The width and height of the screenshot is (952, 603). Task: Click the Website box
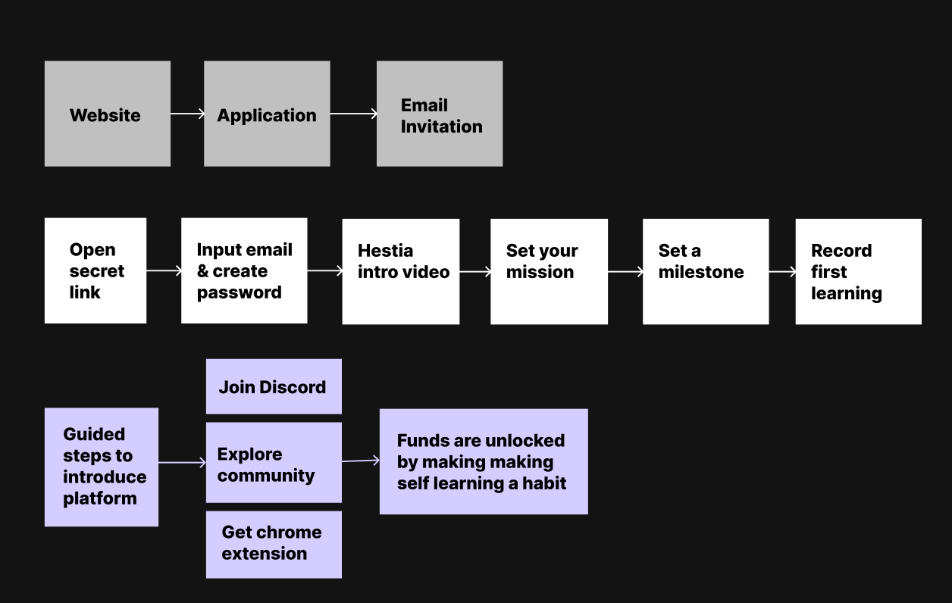(108, 114)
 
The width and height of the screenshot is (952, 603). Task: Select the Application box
(267, 114)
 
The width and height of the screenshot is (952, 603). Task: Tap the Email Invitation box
(440, 114)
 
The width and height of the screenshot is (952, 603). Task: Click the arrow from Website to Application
(187, 114)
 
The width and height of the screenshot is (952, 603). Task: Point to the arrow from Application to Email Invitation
(354, 114)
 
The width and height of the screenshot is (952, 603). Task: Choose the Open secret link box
(96, 271)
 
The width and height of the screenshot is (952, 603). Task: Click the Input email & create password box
(244, 271)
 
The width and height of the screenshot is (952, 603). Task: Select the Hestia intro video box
(401, 272)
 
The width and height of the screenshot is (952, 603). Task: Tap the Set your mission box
(549, 272)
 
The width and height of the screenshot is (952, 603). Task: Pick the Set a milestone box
(706, 272)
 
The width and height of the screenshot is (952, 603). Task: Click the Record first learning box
(859, 272)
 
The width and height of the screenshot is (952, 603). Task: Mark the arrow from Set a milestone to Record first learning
(782, 272)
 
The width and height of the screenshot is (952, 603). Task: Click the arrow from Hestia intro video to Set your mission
(475, 272)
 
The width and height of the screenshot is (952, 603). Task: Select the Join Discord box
(274, 386)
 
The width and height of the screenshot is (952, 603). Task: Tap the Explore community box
(274, 462)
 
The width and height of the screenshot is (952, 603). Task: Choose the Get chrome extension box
(274, 545)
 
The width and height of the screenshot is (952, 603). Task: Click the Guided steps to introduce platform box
(102, 467)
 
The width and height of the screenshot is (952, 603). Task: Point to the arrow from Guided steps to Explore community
(183, 462)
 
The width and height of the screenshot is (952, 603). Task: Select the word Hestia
(386, 251)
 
